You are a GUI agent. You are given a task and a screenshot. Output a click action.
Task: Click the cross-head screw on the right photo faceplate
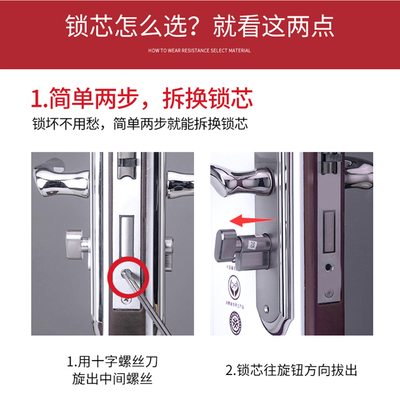pyautogui.click(x=328, y=293)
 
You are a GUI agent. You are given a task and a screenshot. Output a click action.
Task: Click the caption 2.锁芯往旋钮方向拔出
pyautogui.click(x=291, y=370)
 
